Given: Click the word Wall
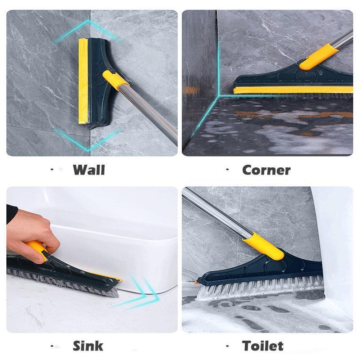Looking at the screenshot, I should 89,170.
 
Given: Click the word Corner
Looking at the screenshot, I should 266,170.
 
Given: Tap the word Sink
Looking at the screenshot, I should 88,346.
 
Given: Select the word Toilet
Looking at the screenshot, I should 263,346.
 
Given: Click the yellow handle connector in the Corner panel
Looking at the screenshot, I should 315,58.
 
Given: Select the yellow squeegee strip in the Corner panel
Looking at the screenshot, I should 288,90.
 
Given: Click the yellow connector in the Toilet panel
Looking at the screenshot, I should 263,246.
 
